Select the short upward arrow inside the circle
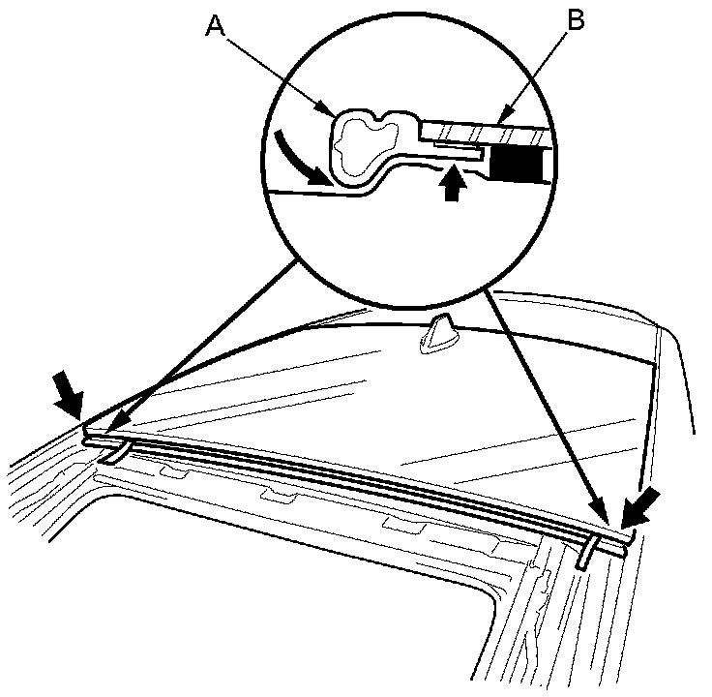[448, 183]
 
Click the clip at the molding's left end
[114, 453]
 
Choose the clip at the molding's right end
[586, 555]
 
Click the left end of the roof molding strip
[87, 438]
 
